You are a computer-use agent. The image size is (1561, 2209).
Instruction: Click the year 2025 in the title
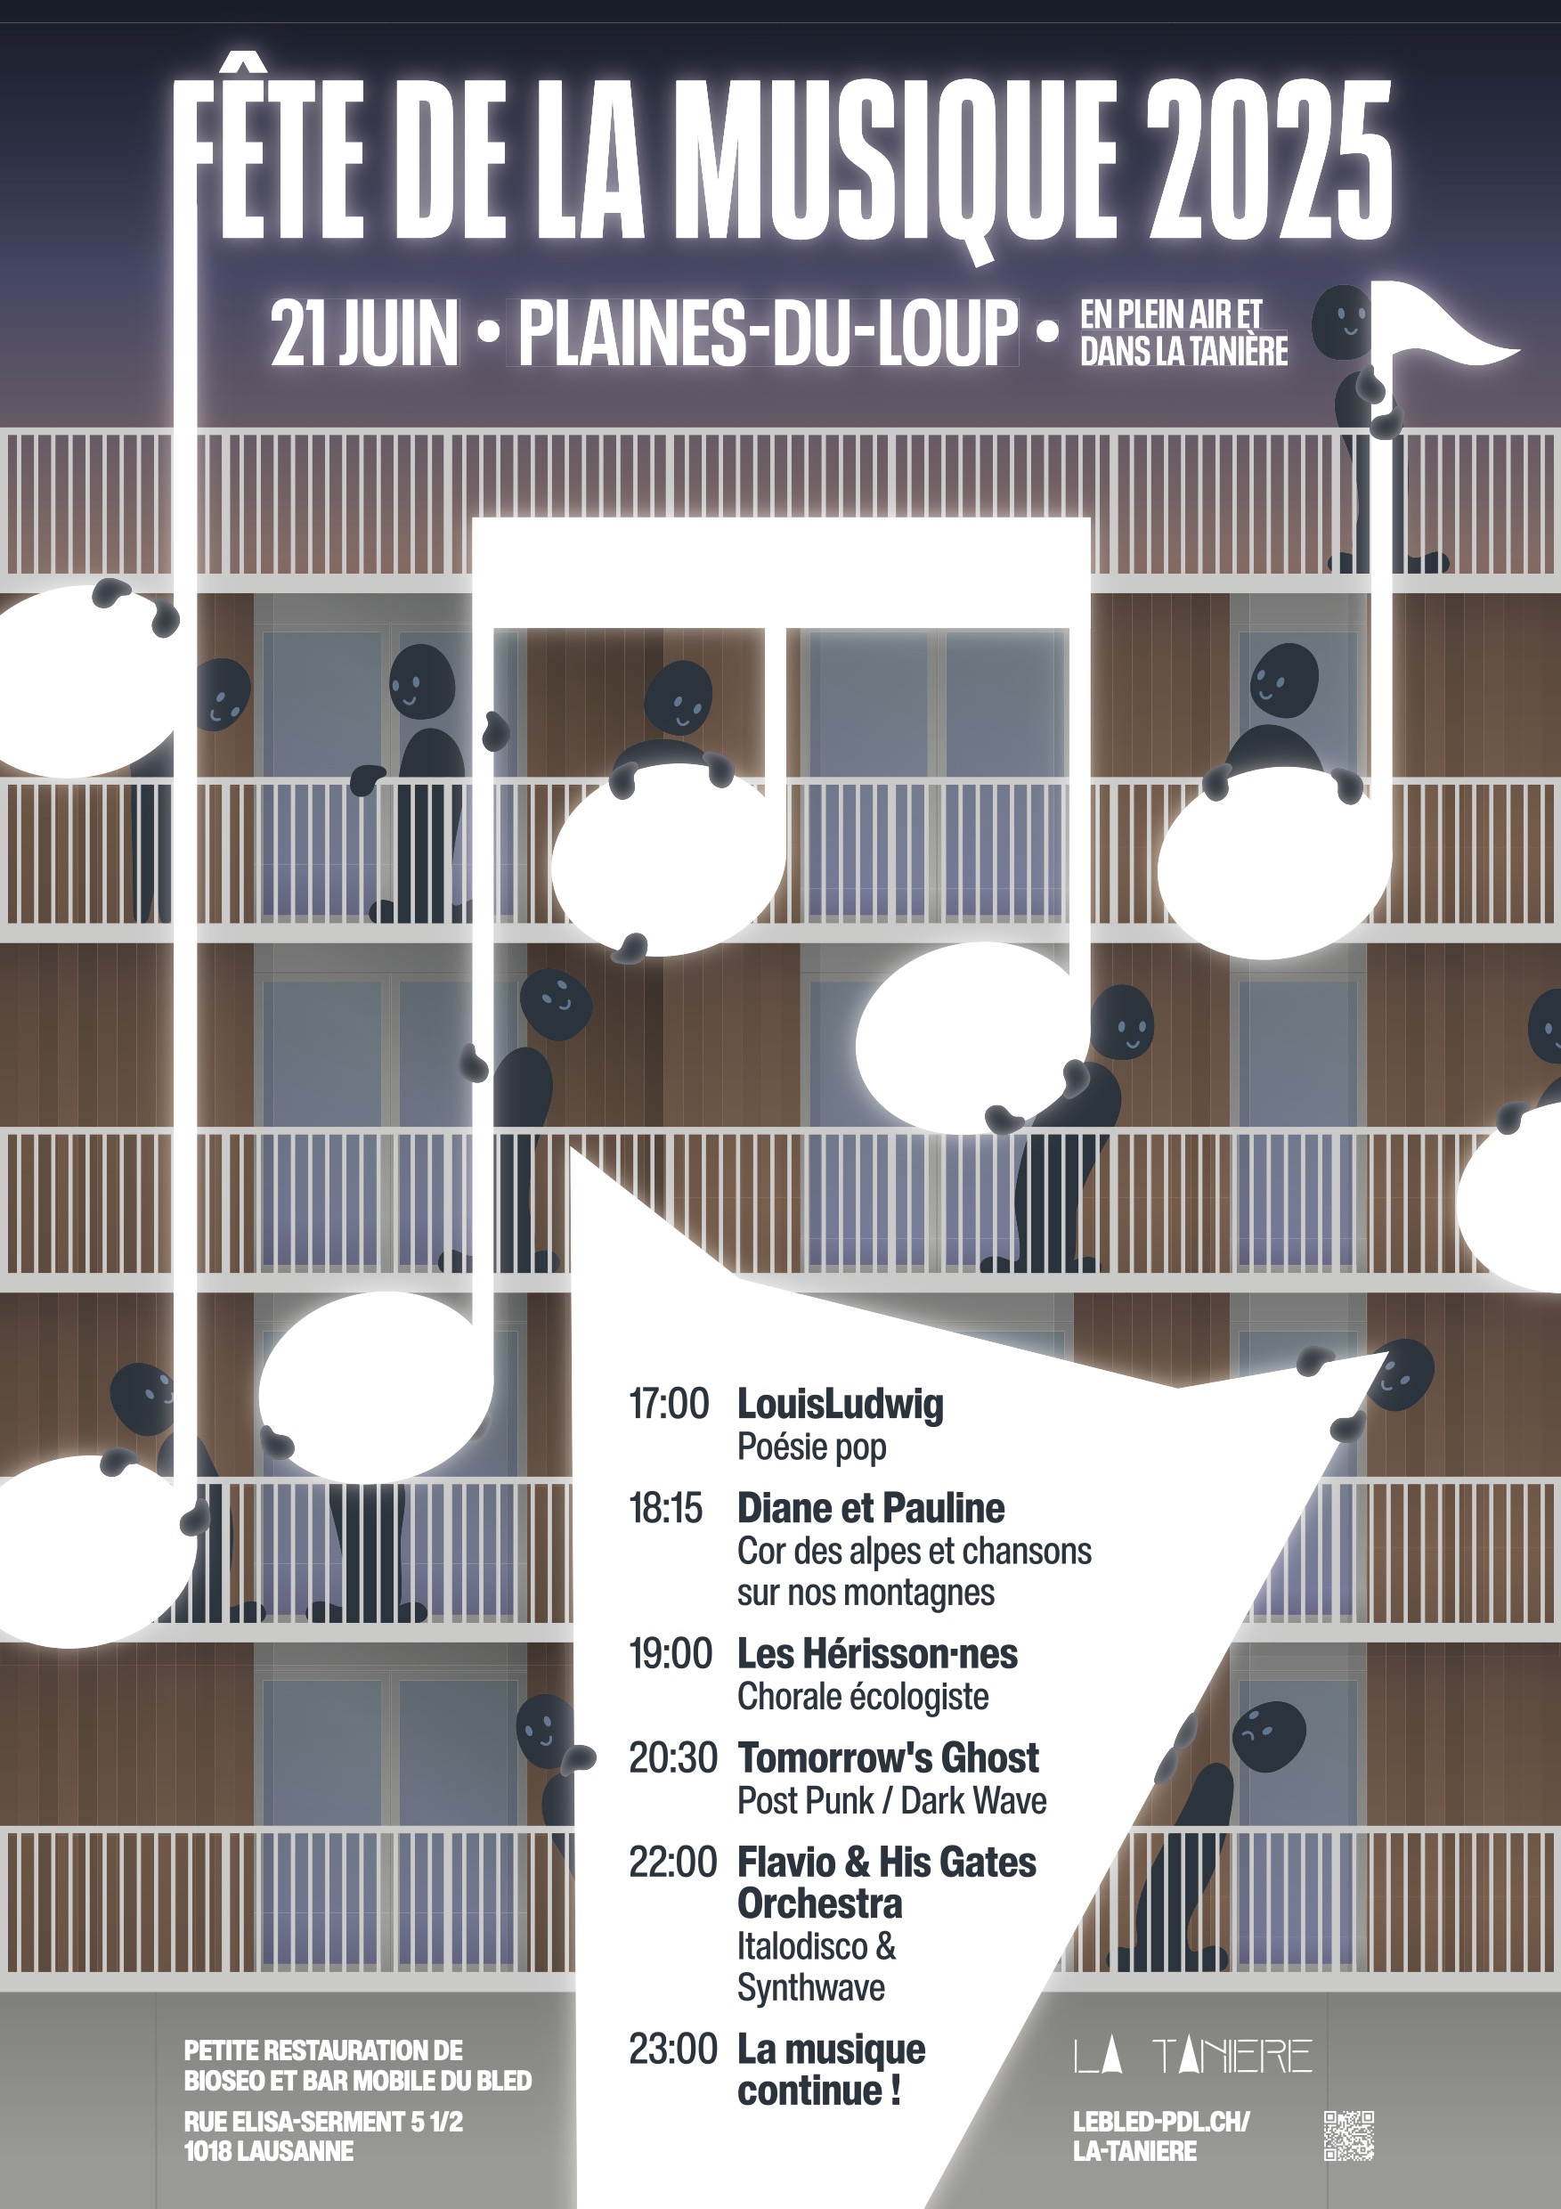[x=1270, y=159]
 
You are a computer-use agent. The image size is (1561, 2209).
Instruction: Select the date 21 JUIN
[x=364, y=333]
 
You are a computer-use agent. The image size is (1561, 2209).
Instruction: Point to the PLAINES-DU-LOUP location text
[x=768, y=333]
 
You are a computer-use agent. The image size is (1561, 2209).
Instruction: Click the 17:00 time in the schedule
[x=669, y=1404]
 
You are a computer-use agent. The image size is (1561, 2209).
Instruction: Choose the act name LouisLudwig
[x=840, y=1405]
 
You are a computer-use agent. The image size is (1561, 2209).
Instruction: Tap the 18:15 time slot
[x=665, y=1508]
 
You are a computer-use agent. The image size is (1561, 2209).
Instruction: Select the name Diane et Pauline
[x=870, y=1508]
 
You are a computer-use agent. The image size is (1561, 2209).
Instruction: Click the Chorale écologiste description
[x=863, y=1696]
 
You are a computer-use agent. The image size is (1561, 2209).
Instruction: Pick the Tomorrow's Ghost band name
[x=888, y=1757]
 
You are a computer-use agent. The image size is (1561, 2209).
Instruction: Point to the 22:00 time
[x=672, y=1862]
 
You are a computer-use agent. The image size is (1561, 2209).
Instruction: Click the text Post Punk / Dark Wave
[x=891, y=1800]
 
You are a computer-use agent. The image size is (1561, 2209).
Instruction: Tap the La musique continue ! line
[x=831, y=2069]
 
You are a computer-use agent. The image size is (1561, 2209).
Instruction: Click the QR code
[x=1348, y=2136]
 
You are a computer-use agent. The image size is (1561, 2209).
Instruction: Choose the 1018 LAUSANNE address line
[x=268, y=2151]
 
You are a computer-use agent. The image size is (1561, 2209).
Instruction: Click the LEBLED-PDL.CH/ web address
[x=1161, y=2122]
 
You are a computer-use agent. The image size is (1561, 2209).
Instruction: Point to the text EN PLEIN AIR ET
[x=1170, y=314]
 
